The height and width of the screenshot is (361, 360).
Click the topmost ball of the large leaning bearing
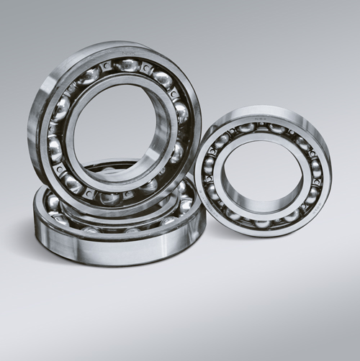pyautogui.click(x=127, y=65)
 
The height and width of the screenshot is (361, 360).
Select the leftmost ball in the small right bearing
pyautogui.click(x=209, y=166)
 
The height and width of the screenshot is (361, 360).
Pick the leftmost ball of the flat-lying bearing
pyautogui.click(x=52, y=204)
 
